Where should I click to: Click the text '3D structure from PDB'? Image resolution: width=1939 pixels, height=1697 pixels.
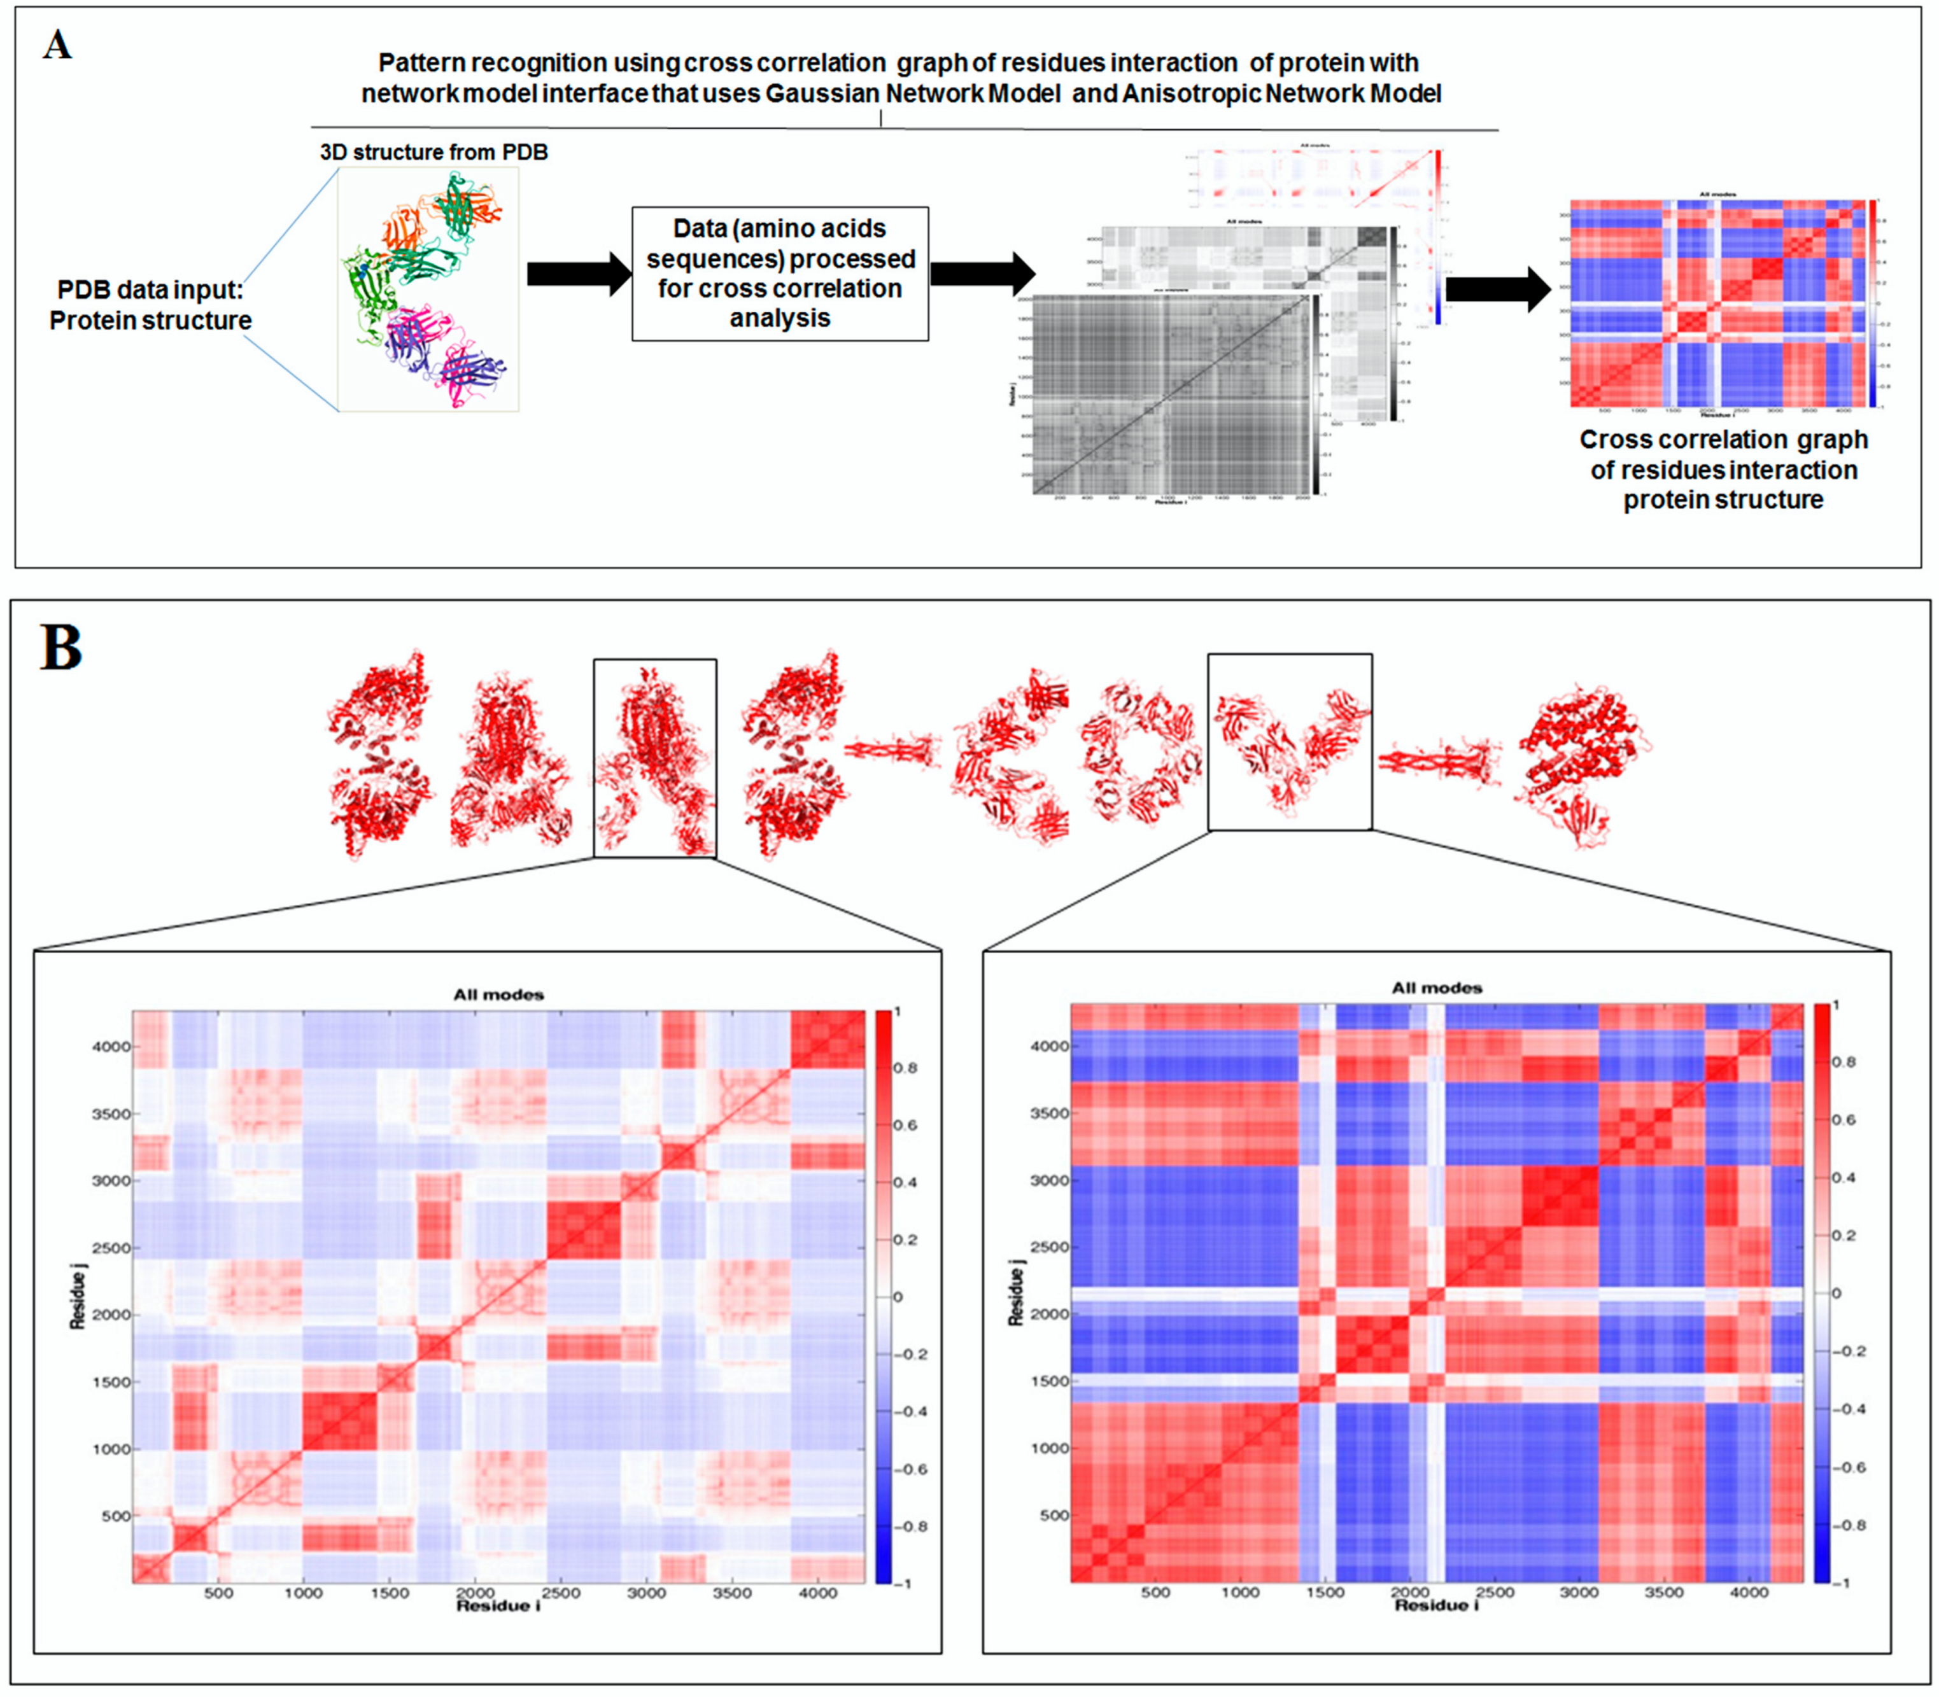click(x=434, y=153)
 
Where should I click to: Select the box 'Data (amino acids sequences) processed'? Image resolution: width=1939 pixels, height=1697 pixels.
click(x=780, y=274)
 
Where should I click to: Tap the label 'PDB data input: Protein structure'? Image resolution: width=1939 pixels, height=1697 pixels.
click(x=151, y=305)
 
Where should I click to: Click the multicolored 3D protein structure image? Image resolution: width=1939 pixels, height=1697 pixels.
click(x=429, y=289)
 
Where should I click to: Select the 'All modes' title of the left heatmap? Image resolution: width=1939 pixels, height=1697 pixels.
click(x=498, y=995)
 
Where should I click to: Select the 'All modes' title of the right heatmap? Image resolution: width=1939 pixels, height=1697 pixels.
click(x=1437, y=988)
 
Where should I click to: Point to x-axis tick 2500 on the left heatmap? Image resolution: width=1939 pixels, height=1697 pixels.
click(x=561, y=1594)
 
